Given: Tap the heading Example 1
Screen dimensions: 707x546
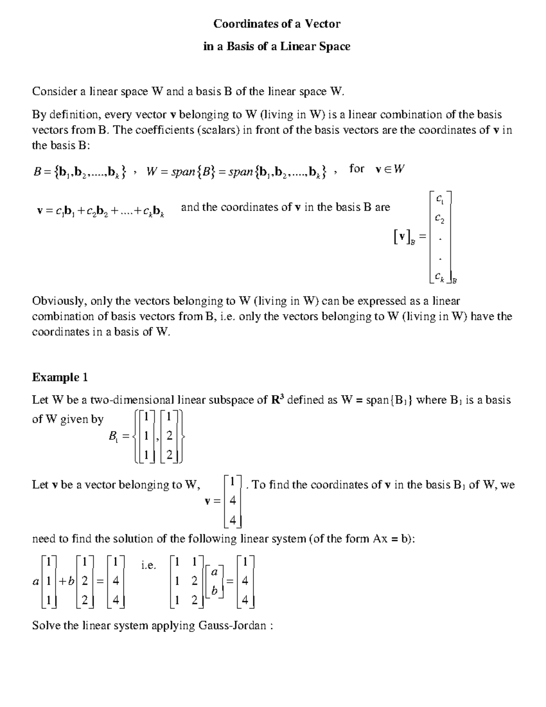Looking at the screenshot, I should click(x=60, y=377).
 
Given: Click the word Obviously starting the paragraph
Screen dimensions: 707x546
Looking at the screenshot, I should click(x=59, y=301).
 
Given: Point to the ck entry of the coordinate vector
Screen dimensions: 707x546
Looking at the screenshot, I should click(x=440, y=276).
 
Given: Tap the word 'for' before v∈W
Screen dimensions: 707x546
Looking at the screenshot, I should click(x=357, y=169).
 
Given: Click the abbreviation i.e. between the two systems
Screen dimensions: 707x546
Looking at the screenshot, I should click(x=148, y=565).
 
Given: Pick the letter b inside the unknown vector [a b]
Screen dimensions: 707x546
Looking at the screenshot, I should click(x=215, y=590).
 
